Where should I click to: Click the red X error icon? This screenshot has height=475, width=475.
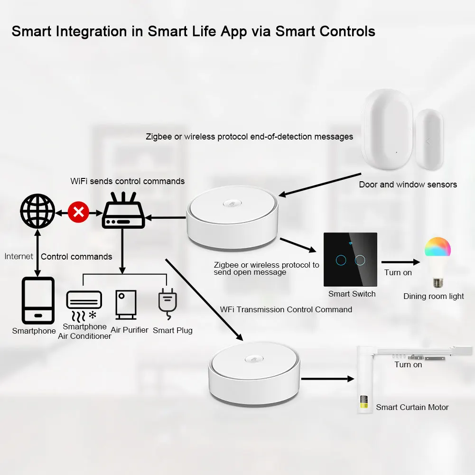pyautogui.click(x=78, y=212)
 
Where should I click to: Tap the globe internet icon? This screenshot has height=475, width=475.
pyautogui.click(x=37, y=212)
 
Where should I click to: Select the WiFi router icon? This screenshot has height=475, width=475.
pyautogui.click(x=123, y=212)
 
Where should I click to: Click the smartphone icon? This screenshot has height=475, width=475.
pyautogui.click(x=38, y=301)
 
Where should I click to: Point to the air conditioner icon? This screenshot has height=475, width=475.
pyautogui.click(x=84, y=304)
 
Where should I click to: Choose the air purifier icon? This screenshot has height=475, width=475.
pyautogui.click(x=126, y=304)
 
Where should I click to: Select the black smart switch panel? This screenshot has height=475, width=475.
pyautogui.click(x=350, y=259)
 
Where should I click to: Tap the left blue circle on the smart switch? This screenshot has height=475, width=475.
pyautogui.click(x=340, y=260)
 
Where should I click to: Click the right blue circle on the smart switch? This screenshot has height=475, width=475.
pyautogui.click(x=360, y=260)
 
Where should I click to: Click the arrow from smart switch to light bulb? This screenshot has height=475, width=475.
pyautogui.click(x=400, y=261)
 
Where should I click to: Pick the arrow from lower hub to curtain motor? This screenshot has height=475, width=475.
pyautogui.click(x=327, y=379)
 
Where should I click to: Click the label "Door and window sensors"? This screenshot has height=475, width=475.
pyautogui.click(x=408, y=185)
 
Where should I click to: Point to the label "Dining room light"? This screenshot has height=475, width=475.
pyautogui.click(x=434, y=296)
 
